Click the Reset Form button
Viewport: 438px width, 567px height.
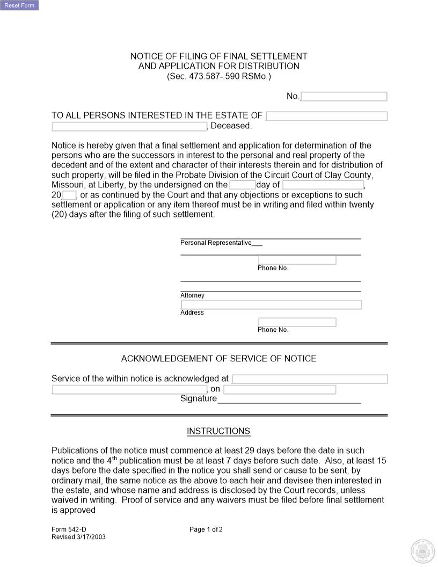pyautogui.click(x=19, y=5)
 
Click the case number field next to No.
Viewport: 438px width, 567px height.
pyautogui.click(x=344, y=97)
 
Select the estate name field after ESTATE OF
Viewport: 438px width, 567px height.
pyautogui.click(x=326, y=116)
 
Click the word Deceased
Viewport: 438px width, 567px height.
pyautogui.click(x=231, y=126)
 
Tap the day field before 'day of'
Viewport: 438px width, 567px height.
pyautogui.click(x=242, y=185)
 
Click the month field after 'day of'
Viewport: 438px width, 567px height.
pyautogui.click(x=323, y=185)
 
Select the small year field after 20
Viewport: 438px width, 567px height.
pyautogui.click(x=69, y=195)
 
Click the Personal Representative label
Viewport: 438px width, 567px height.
pyautogui.click(x=216, y=243)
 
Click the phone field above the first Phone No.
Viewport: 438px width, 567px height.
pyautogui.click(x=297, y=260)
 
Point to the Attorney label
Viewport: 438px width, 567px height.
pyautogui.click(x=192, y=295)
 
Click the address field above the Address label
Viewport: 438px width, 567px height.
pyautogui.click(x=271, y=304)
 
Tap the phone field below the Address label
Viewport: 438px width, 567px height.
pyautogui.click(x=297, y=322)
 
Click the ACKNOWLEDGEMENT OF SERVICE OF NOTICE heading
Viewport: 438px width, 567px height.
pyautogui.click(x=218, y=359)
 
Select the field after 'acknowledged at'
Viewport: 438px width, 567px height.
pyautogui.click(x=309, y=379)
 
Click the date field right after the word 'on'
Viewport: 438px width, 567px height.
pyautogui.click(x=280, y=389)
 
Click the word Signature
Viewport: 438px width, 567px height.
pyautogui.click(x=199, y=398)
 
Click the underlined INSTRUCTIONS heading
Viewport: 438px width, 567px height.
pyautogui.click(x=218, y=431)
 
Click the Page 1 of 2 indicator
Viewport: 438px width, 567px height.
pyautogui.click(x=206, y=529)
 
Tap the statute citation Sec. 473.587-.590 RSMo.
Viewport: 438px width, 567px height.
pyautogui.click(x=218, y=76)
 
